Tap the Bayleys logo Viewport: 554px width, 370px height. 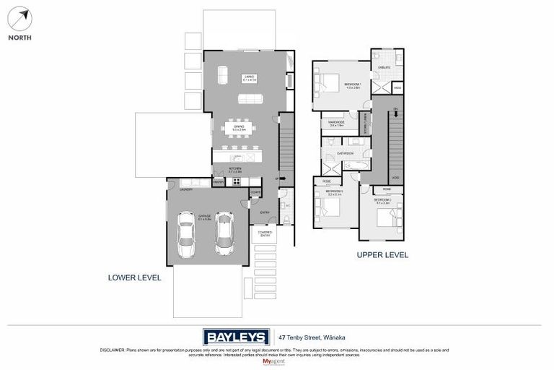pos(235,337)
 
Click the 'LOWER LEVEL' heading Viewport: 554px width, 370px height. pos(134,277)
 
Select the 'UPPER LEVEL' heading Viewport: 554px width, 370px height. pos(382,254)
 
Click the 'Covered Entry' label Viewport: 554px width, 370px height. pos(265,233)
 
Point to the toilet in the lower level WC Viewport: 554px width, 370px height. pos(287,218)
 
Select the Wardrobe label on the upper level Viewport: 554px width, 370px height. pos(337,122)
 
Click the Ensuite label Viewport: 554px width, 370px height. pos(384,67)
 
